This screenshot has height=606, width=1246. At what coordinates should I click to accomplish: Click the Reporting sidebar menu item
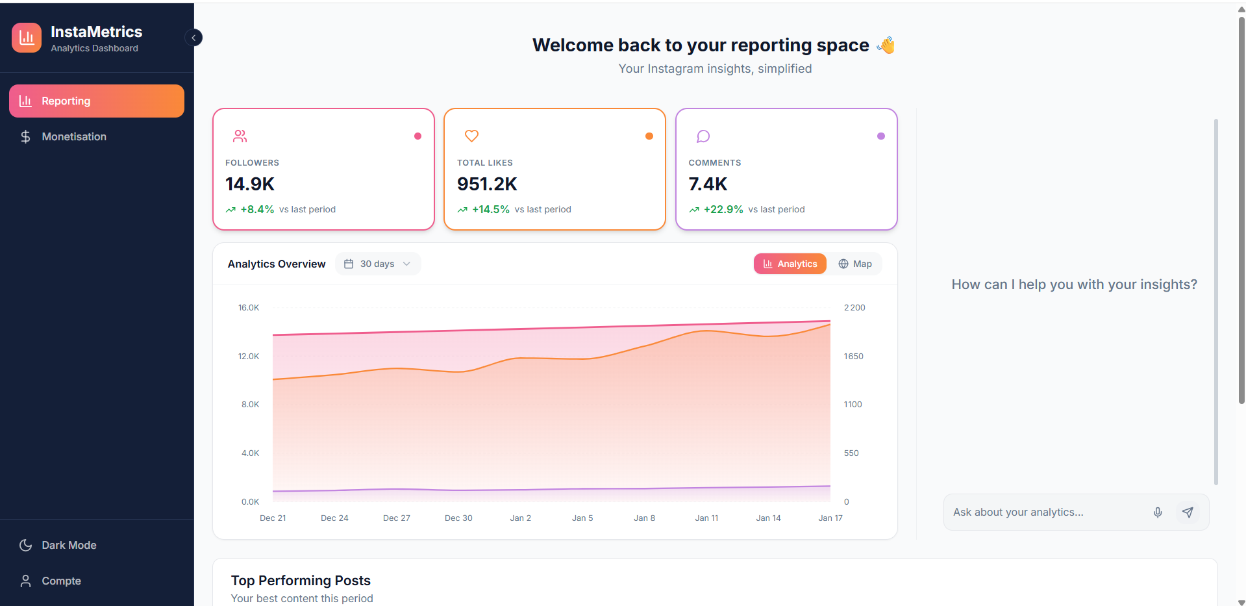point(97,101)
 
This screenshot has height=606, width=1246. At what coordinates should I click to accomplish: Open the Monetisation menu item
point(73,136)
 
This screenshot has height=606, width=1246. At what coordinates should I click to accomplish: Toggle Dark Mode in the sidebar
point(68,545)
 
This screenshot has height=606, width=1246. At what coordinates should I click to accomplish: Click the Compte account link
point(61,581)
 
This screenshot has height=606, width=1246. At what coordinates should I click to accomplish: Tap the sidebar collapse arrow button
point(193,38)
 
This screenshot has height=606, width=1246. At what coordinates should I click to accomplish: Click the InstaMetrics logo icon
point(27,38)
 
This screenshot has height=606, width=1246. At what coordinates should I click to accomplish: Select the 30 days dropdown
point(378,264)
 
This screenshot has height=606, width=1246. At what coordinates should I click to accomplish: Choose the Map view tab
point(855,264)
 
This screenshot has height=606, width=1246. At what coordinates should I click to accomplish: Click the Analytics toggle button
point(790,264)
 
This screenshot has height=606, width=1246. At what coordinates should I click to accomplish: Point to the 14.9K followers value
point(250,184)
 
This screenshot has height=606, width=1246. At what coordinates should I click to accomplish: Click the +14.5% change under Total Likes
point(490,209)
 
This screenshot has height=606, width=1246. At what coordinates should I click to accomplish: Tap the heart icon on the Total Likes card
point(471,136)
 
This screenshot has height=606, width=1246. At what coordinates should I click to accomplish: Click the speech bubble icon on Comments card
point(703,136)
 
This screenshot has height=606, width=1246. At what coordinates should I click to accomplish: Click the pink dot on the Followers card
point(417,136)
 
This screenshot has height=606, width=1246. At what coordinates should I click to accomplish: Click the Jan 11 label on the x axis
point(706,518)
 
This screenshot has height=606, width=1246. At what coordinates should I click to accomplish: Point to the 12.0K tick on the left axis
point(249,356)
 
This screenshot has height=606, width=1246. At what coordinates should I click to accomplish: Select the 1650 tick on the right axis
point(853,356)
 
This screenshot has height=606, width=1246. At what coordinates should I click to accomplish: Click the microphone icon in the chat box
point(1157,512)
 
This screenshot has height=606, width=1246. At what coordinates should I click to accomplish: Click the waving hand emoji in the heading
point(886,45)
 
